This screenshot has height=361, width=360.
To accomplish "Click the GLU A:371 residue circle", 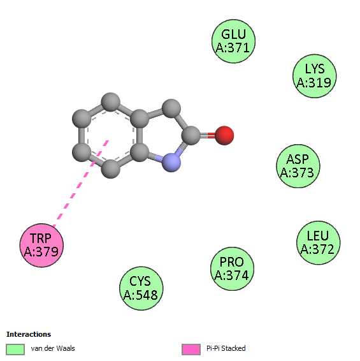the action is tap(233, 41).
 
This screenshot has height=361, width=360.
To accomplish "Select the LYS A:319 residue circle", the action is tap(315, 76).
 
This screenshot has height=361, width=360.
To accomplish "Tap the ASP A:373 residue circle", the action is tap(298, 166).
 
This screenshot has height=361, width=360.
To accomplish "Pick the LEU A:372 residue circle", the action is tap(318, 242).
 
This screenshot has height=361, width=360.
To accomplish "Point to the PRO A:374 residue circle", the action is tap(232, 269).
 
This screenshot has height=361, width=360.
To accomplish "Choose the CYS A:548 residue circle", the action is tap(141, 288).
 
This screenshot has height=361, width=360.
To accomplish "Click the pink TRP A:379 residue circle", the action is tap(41, 245).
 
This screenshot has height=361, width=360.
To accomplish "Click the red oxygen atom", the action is tap(224, 136).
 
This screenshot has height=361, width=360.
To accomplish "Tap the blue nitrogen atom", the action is tap(171, 162).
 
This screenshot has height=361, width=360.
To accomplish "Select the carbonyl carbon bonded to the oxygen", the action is tap(191, 136).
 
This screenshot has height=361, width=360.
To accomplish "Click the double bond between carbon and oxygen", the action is tap(208, 136).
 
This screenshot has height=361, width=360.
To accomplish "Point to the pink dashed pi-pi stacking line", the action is tap(80, 183).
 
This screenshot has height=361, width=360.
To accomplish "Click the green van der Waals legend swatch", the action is tap(15, 350).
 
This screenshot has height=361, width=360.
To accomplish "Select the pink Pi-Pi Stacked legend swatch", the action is tap(191, 350).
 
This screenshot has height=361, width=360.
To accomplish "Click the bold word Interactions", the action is tap(29, 334).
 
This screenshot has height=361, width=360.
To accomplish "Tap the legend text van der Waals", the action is tap(53, 348).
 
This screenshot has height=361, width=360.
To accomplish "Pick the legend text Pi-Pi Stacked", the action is tap(226, 348).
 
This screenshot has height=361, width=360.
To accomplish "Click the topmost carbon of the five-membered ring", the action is tap(171, 108).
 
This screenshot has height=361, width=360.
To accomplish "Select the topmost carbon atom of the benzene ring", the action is tap(111, 102).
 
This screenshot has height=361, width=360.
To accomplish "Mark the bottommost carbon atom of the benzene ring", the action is tap(111, 169).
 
